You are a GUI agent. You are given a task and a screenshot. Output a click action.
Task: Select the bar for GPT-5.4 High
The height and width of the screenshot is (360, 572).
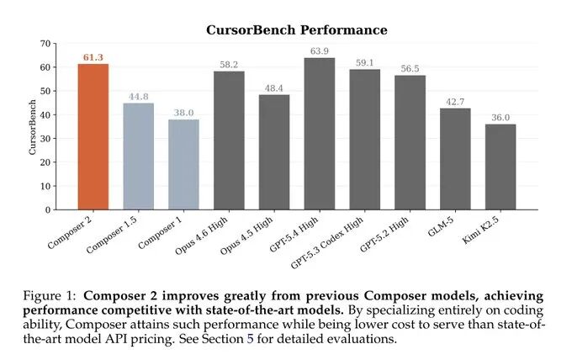click(319, 134)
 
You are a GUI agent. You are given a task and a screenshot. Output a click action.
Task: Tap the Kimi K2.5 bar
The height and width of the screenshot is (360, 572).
click(500, 167)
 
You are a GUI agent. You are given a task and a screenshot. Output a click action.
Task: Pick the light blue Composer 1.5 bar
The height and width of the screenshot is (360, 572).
click(139, 156)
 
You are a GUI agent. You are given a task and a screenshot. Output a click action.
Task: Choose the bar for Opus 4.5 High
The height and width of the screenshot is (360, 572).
click(274, 152)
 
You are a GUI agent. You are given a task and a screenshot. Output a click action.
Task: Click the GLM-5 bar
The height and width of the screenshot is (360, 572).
click(455, 159)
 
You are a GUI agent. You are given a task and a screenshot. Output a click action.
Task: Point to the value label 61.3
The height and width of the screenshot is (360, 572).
click(93, 57)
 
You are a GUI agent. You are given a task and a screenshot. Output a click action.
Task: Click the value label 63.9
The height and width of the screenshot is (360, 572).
click(319, 51)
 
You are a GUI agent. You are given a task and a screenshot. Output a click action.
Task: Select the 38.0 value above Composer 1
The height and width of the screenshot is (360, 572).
click(183, 113)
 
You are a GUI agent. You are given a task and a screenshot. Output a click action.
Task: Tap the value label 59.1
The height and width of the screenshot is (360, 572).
click(364, 62)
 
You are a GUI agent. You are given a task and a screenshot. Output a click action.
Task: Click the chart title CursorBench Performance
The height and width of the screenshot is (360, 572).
click(297, 30)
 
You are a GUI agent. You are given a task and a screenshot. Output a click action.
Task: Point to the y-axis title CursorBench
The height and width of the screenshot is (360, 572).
click(33, 126)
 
